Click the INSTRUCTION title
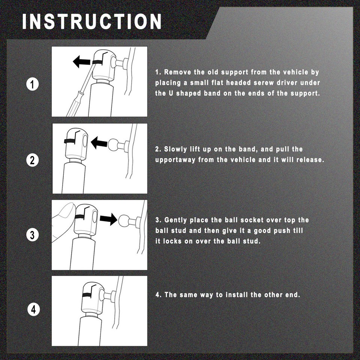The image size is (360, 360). [x=92, y=21]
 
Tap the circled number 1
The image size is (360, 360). [x=33, y=84]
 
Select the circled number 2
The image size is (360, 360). [x=32, y=160]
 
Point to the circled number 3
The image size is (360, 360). [x=32, y=235]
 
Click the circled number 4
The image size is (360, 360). [x=33, y=309]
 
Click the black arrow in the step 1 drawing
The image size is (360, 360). [x=81, y=61]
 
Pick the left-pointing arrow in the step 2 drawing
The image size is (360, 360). [x=99, y=142]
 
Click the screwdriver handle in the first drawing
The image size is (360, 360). [x=73, y=105]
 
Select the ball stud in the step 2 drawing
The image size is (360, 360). [x=113, y=145]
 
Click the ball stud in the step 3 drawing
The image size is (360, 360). [x=124, y=220]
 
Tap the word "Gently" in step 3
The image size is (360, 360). [x=175, y=220]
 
